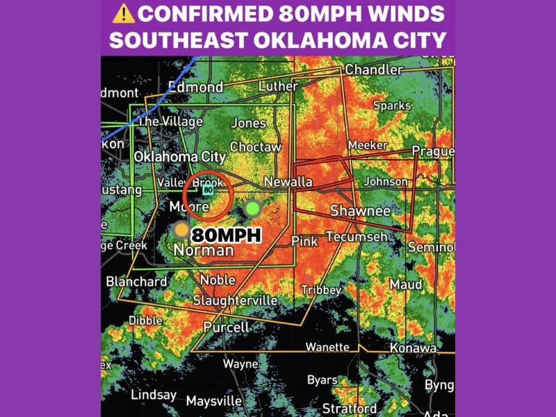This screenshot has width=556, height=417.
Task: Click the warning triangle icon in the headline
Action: coord(124,13)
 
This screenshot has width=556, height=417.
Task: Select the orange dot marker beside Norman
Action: coord(181,229)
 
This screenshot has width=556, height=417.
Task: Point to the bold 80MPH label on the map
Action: coord(226,235)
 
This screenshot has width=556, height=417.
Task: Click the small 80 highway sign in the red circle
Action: coord(208,189)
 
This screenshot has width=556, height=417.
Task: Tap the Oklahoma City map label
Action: coord(179,157)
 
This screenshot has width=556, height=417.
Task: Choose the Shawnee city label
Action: coord(360,211)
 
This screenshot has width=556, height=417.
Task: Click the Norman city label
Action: coord(203,250)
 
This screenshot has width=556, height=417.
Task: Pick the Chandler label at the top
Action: coord(374,70)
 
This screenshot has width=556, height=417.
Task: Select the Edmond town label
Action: coord(195,88)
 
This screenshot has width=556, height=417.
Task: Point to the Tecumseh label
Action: coord(357,237)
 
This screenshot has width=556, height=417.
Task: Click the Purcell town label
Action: coord(226,327)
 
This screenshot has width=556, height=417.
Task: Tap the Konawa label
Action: coord(413,347)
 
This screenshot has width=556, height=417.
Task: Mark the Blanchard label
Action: coord(137,281)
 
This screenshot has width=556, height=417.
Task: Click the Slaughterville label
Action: coord(235,301)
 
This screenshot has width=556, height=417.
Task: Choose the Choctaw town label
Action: coord(255,147)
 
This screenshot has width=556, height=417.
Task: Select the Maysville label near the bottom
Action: coord(214,401)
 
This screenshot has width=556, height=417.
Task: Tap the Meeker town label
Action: coord(367,145)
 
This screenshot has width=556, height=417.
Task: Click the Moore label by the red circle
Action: coord(188,208)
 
